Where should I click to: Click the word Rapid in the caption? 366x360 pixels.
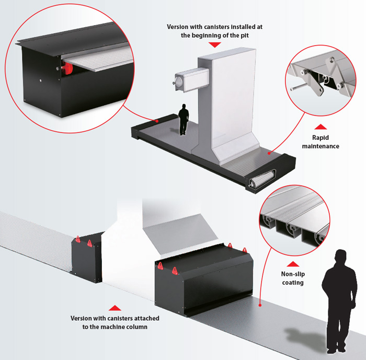coord(320,138)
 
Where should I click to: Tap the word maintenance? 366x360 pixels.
coord(321,146)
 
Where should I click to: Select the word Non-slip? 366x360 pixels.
coord(293,274)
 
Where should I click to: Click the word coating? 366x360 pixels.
coord(293,283)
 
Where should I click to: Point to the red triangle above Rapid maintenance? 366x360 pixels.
coord(321,127)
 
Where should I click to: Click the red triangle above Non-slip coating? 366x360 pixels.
coord(293,264)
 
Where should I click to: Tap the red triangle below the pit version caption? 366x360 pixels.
coord(215,44)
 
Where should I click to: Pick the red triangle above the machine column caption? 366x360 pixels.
coord(115,308)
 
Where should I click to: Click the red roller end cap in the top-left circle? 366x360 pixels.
coord(67,68)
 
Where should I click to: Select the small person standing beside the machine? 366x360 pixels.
coord(184,120)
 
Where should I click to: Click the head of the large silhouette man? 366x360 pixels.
coord(340,256)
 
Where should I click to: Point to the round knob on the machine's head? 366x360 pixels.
coord(178,82)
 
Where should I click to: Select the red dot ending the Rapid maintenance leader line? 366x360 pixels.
coord(269,153)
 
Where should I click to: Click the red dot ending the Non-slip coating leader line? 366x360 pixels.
coord(260,305)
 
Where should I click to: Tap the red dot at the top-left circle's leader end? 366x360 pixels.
coord(157,121)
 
